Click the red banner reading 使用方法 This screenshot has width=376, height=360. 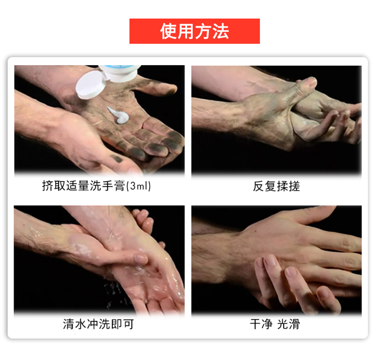[x=195, y=31]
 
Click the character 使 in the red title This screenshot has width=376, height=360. [x=168, y=32]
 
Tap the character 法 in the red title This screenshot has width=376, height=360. [x=221, y=32]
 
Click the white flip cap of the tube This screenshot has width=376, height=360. [x=91, y=85]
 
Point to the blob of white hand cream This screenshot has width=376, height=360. [x=119, y=115]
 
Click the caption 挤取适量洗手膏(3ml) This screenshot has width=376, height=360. [x=96, y=186]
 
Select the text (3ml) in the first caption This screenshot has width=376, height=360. [x=138, y=186]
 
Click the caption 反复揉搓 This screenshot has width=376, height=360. [x=276, y=186]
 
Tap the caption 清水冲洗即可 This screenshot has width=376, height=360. [x=98, y=324]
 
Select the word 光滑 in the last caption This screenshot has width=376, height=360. [x=288, y=324]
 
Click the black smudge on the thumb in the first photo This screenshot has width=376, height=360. [x=117, y=159]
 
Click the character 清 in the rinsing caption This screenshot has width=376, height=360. [x=69, y=324]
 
